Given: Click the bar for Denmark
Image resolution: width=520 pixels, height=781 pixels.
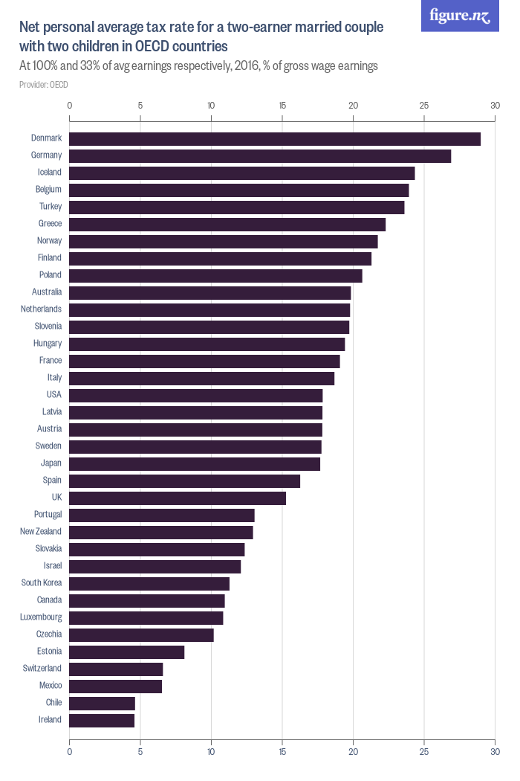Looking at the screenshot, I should tap(275, 138).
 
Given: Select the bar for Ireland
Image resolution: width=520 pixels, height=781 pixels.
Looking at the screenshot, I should tap(102, 720).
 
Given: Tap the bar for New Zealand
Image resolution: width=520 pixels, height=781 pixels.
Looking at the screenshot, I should tap(161, 532).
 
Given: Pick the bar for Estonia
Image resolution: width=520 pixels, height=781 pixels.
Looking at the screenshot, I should tap(127, 652).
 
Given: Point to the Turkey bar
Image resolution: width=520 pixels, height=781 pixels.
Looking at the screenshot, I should tap(237, 207).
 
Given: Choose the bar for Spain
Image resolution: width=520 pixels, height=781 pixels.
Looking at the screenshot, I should tap(184, 481).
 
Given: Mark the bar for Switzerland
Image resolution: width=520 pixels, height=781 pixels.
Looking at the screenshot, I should tap(116, 669).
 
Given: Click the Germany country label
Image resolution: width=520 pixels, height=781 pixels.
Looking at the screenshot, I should tap(46, 155).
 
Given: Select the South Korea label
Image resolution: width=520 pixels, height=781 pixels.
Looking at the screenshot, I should tap(42, 583).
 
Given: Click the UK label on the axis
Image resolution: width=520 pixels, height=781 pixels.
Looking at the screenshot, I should tap(56, 498).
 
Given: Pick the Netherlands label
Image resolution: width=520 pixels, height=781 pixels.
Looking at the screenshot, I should tap(42, 309).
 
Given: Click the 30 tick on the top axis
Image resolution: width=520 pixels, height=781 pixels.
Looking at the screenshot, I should tap(495, 106).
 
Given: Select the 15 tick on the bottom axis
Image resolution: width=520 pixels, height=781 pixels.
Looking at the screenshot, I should tap(282, 752).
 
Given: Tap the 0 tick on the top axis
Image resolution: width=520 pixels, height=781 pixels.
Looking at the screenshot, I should tap(70, 106).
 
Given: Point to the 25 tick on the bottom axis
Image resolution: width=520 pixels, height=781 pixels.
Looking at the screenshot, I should tap(424, 752).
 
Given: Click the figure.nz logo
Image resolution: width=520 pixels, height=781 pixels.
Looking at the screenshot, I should tap(460, 16).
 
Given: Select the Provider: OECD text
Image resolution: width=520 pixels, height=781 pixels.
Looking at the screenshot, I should tap(44, 85).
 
